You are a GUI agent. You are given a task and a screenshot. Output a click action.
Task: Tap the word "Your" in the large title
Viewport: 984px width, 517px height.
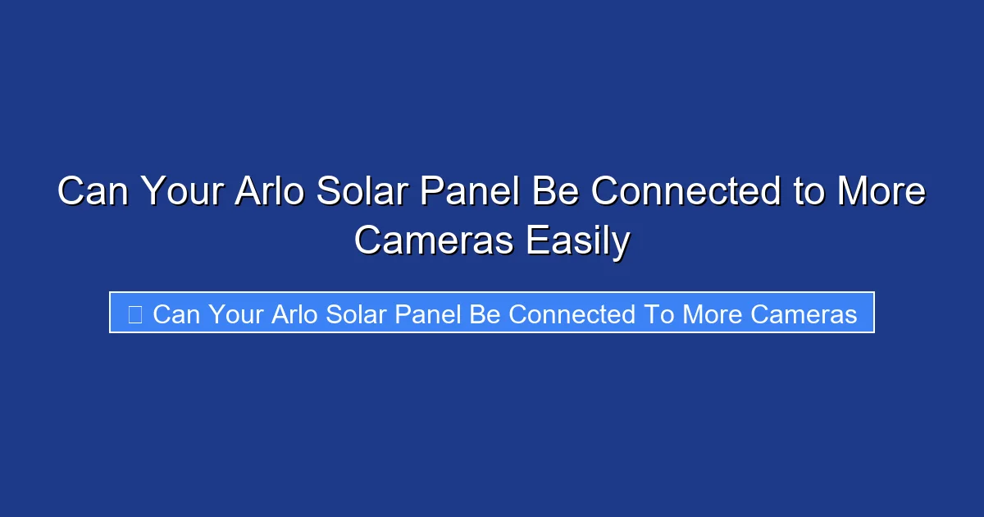(183, 193)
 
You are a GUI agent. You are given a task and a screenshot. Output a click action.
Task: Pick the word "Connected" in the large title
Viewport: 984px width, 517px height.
(686, 193)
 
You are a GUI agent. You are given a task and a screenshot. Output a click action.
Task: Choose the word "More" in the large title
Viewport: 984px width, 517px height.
(881, 193)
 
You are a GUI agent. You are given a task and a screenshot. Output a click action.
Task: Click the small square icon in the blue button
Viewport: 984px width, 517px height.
(135, 314)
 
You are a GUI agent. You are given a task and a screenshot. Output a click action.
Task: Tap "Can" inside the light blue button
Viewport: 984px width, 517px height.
(176, 314)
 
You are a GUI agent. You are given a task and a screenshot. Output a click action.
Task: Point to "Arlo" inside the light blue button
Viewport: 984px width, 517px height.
(294, 314)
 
